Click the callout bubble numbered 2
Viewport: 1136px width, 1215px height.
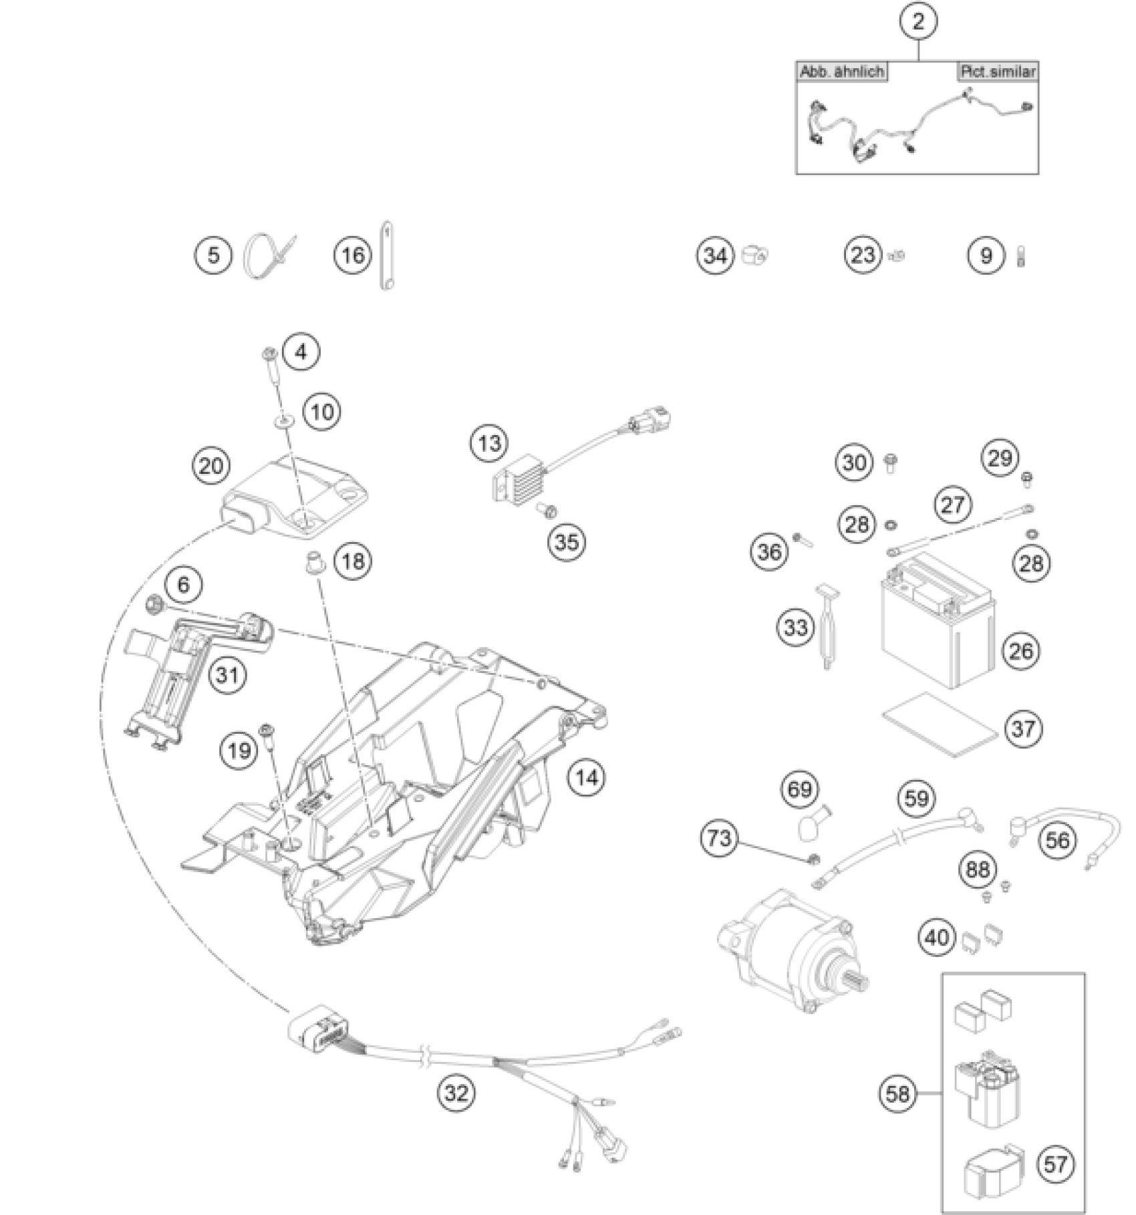918,21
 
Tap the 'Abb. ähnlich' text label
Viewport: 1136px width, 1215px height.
842,72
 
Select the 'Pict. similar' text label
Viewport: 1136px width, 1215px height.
998,72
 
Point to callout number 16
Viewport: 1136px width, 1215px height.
353,255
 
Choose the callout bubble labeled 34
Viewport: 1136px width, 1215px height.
715,255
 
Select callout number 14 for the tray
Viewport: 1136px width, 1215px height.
586,777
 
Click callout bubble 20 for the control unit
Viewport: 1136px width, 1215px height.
210,465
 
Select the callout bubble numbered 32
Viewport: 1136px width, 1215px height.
456,1093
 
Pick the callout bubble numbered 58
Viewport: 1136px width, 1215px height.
897,1094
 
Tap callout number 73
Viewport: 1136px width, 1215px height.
719,837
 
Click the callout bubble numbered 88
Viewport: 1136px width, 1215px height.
978,869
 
